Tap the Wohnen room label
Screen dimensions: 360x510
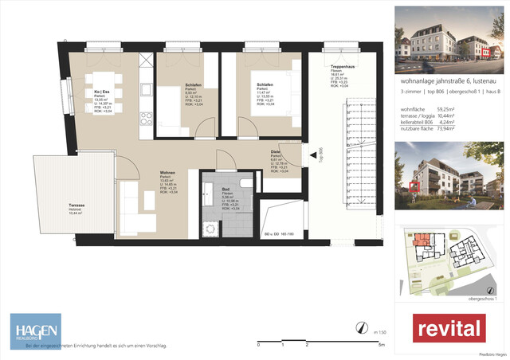[167, 174]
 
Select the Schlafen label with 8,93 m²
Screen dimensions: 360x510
[192, 84]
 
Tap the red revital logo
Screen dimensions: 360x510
[449, 328]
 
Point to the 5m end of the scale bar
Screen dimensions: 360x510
[382, 345]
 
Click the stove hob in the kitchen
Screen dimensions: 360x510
[146, 120]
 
